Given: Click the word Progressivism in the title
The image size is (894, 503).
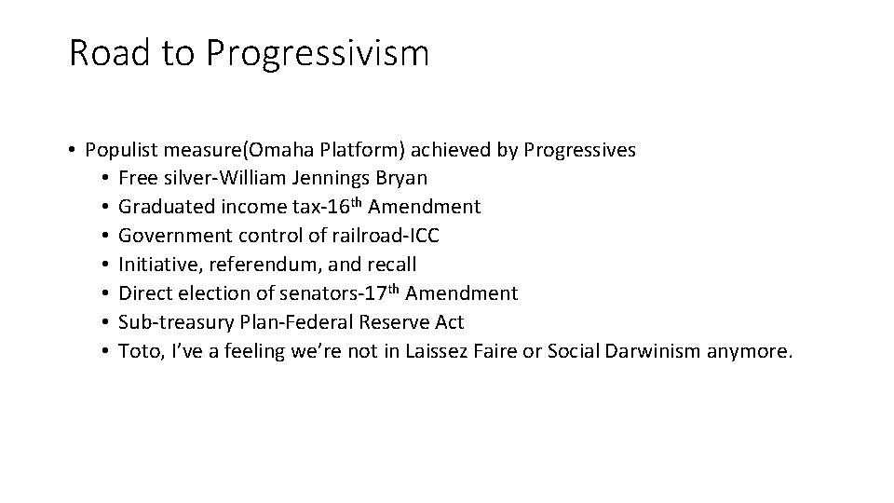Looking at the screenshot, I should [318, 54].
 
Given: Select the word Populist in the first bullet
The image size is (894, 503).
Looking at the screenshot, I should [122, 150].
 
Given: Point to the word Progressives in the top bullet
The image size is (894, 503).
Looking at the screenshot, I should [580, 150].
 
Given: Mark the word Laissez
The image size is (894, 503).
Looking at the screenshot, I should [438, 351].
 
